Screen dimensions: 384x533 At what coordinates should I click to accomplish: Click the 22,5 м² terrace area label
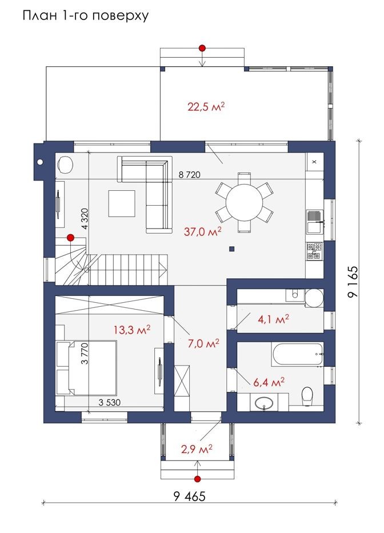(x=206, y=107)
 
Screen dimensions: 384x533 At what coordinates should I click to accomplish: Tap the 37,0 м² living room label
(x=203, y=231)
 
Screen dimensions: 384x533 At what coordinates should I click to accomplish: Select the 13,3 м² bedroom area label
(x=132, y=330)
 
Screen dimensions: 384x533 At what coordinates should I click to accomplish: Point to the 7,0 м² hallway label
(x=203, y=343)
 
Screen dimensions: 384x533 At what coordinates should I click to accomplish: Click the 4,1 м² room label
(x=274, y=319)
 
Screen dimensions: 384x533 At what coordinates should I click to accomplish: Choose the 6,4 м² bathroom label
(x=269, y=382)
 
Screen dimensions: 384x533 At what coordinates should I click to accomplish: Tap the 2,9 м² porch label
(x=197, y=450)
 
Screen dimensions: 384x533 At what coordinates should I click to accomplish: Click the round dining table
(x=244, y=203)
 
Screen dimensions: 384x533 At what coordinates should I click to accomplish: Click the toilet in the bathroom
(x=307, y=396)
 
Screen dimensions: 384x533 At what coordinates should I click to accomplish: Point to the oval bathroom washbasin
(x=263, y=403)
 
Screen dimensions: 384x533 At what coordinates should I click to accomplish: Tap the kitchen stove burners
(x=314, y=251)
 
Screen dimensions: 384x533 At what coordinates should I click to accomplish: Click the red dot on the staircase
(x=71, y=237)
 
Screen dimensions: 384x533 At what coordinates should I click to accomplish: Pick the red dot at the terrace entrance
(x=202, y=48)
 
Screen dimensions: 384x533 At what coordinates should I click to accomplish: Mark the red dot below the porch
(x=197, y=479)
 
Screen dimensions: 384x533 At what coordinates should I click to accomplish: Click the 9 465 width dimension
(x=190, y=496)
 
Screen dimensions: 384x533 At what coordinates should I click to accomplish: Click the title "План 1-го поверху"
(x=86, y=16)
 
